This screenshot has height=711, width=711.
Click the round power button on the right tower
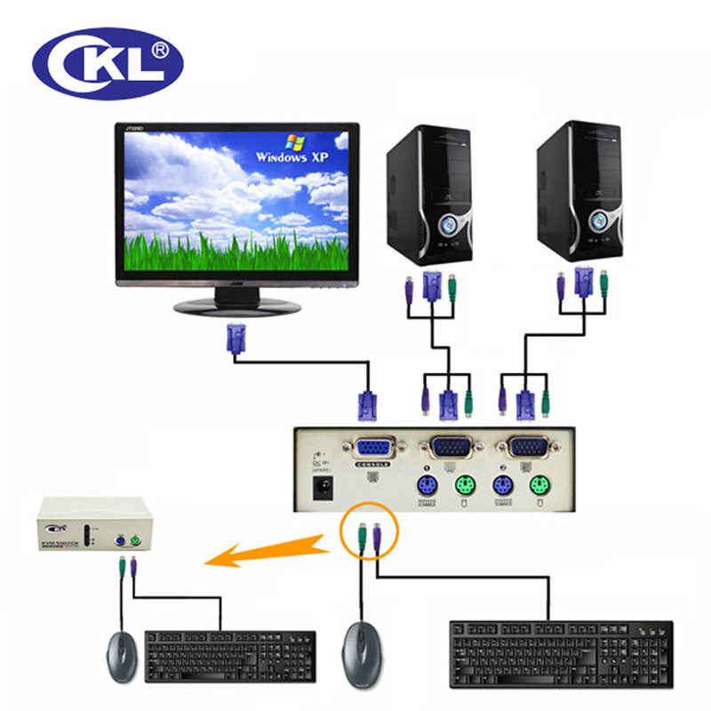[x=607, y=219]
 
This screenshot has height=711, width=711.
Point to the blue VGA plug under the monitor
[x=236, y=339]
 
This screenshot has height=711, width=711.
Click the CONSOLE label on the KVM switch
[x=373, y=464]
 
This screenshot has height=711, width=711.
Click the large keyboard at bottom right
[x=560, y=652]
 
